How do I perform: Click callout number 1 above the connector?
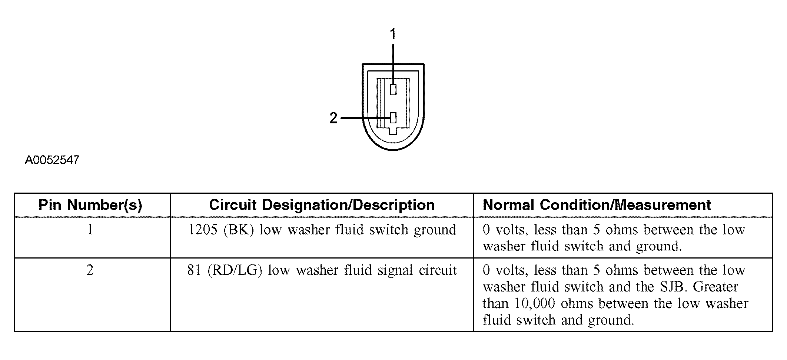393,34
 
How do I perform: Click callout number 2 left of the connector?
333,118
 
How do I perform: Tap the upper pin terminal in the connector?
393,89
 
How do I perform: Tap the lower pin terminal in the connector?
393,118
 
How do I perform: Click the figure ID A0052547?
52,160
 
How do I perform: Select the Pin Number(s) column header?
90,205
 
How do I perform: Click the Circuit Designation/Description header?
322,205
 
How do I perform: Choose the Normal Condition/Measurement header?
597,205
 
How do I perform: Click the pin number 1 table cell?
90,230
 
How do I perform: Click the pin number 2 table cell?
90,270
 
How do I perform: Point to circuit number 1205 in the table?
203,230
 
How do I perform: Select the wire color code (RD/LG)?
235,270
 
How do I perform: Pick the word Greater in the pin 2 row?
715,287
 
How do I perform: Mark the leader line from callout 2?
365,118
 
